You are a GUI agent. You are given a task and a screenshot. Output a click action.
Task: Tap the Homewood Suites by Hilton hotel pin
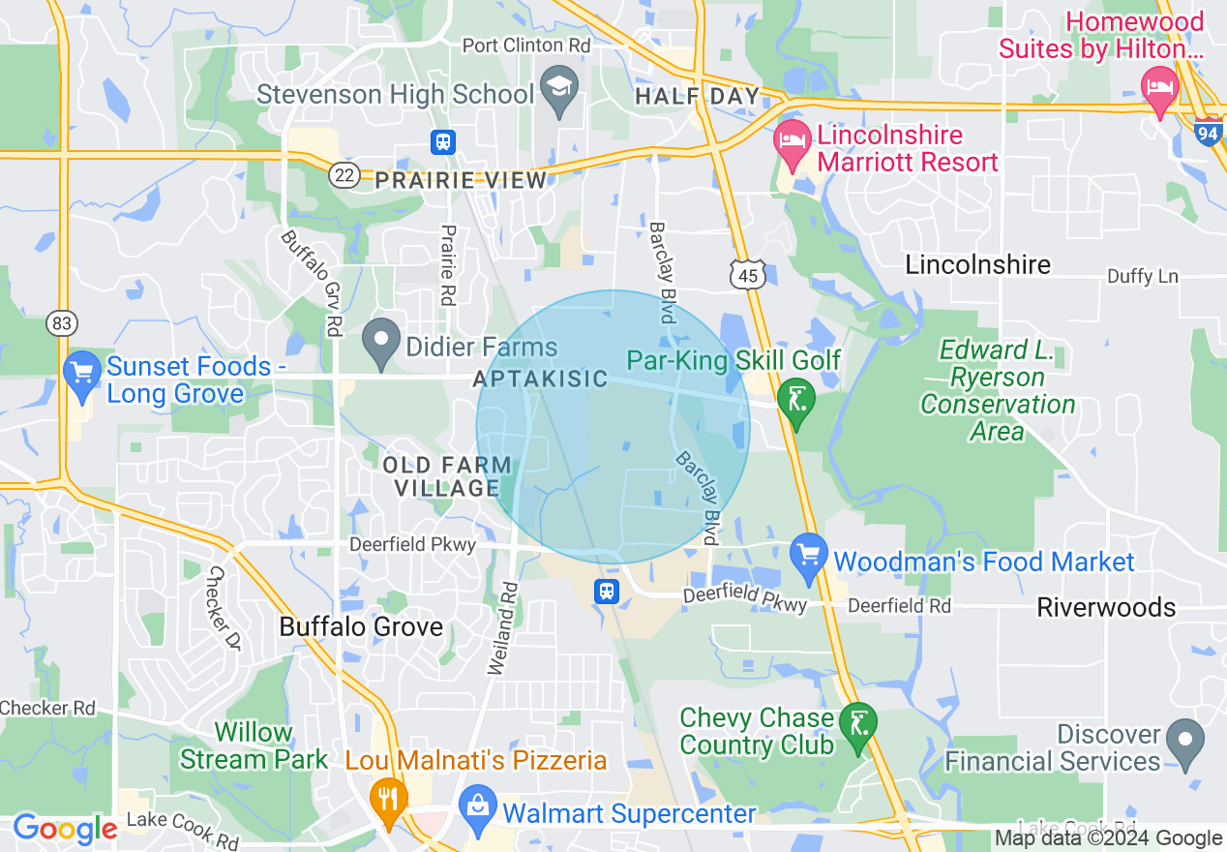(x=1159, y=88)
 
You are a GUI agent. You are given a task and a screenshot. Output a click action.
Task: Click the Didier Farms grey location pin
(x=381, y=341)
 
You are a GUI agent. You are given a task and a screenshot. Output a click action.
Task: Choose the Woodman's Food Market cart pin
(x=808, y=556)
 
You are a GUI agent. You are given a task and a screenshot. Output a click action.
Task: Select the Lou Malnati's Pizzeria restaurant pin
(x=388, y=799)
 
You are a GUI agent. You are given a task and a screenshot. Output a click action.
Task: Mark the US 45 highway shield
(x=750, y=275)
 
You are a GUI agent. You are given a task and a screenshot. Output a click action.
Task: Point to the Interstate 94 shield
(x=1207, y=131)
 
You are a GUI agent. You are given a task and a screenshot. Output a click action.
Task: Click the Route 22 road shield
(x=344, y=174)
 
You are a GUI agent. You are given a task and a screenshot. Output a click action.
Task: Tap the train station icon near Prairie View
(x=442, y=141)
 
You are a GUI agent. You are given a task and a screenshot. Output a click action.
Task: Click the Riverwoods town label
(x=1106, y=607)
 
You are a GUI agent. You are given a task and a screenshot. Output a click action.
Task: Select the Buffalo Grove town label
(x=361, y=626)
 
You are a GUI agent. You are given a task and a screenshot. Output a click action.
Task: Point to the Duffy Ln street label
(x=1143, y=277)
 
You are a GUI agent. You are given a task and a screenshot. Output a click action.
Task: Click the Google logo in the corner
(x=64, y=829)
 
